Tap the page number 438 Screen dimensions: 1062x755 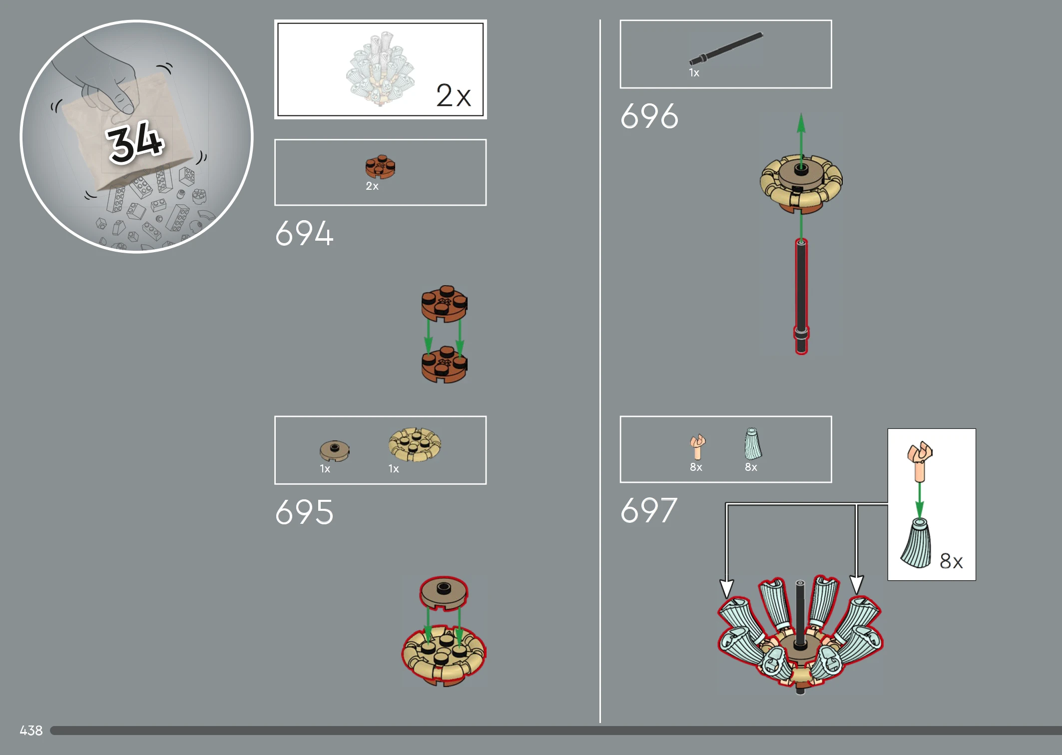coord(31,731)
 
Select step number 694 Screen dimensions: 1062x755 coord(304,233)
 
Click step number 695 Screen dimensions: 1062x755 coord(304,512)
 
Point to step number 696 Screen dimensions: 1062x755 coord(649,116)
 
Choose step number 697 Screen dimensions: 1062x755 coord(649,510)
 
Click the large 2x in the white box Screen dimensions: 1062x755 coord(453,95)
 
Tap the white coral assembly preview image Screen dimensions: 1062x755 coord(381,69)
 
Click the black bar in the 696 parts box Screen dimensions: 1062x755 coord(726,49)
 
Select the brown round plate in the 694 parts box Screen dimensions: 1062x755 coord(380,166)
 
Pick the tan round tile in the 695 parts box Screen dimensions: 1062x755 coord(334,451)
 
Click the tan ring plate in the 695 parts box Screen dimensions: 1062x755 coord(415,444)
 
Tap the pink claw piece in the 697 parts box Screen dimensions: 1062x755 coord(697,446)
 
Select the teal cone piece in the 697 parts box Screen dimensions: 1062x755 coord(753,443)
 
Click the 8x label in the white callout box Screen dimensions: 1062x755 coord(951,561)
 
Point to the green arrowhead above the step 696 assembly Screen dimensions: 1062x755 coord(801,123)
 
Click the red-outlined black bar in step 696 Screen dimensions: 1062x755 coord(801,297)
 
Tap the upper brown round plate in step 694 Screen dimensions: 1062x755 coord(444,304)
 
